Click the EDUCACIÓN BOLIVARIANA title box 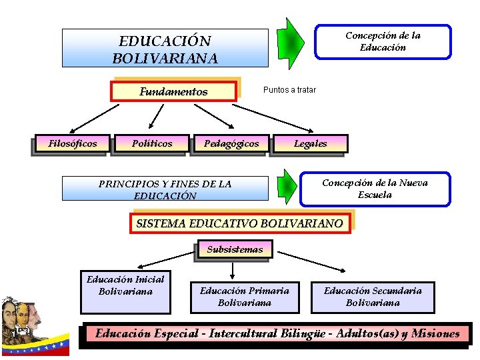pos(165,48)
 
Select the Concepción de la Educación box pos(383,41)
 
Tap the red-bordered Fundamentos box pos(174,91)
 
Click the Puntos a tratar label pos(289,89)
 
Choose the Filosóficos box pos(72,143)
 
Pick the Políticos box pos(152,143)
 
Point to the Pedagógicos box pos(231,143)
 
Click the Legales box pos(310,143)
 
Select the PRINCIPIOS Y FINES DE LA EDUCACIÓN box pos(165,189)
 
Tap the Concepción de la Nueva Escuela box pos(375,189)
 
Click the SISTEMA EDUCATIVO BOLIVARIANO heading pos(239,223)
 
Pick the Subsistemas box pos(235,249)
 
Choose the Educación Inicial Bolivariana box pos(125,291)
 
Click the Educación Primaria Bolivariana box pos(245,297)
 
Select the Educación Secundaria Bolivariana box pos(373,297)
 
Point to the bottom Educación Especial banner pos(277,334)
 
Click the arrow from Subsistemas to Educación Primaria pos(232,269)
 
